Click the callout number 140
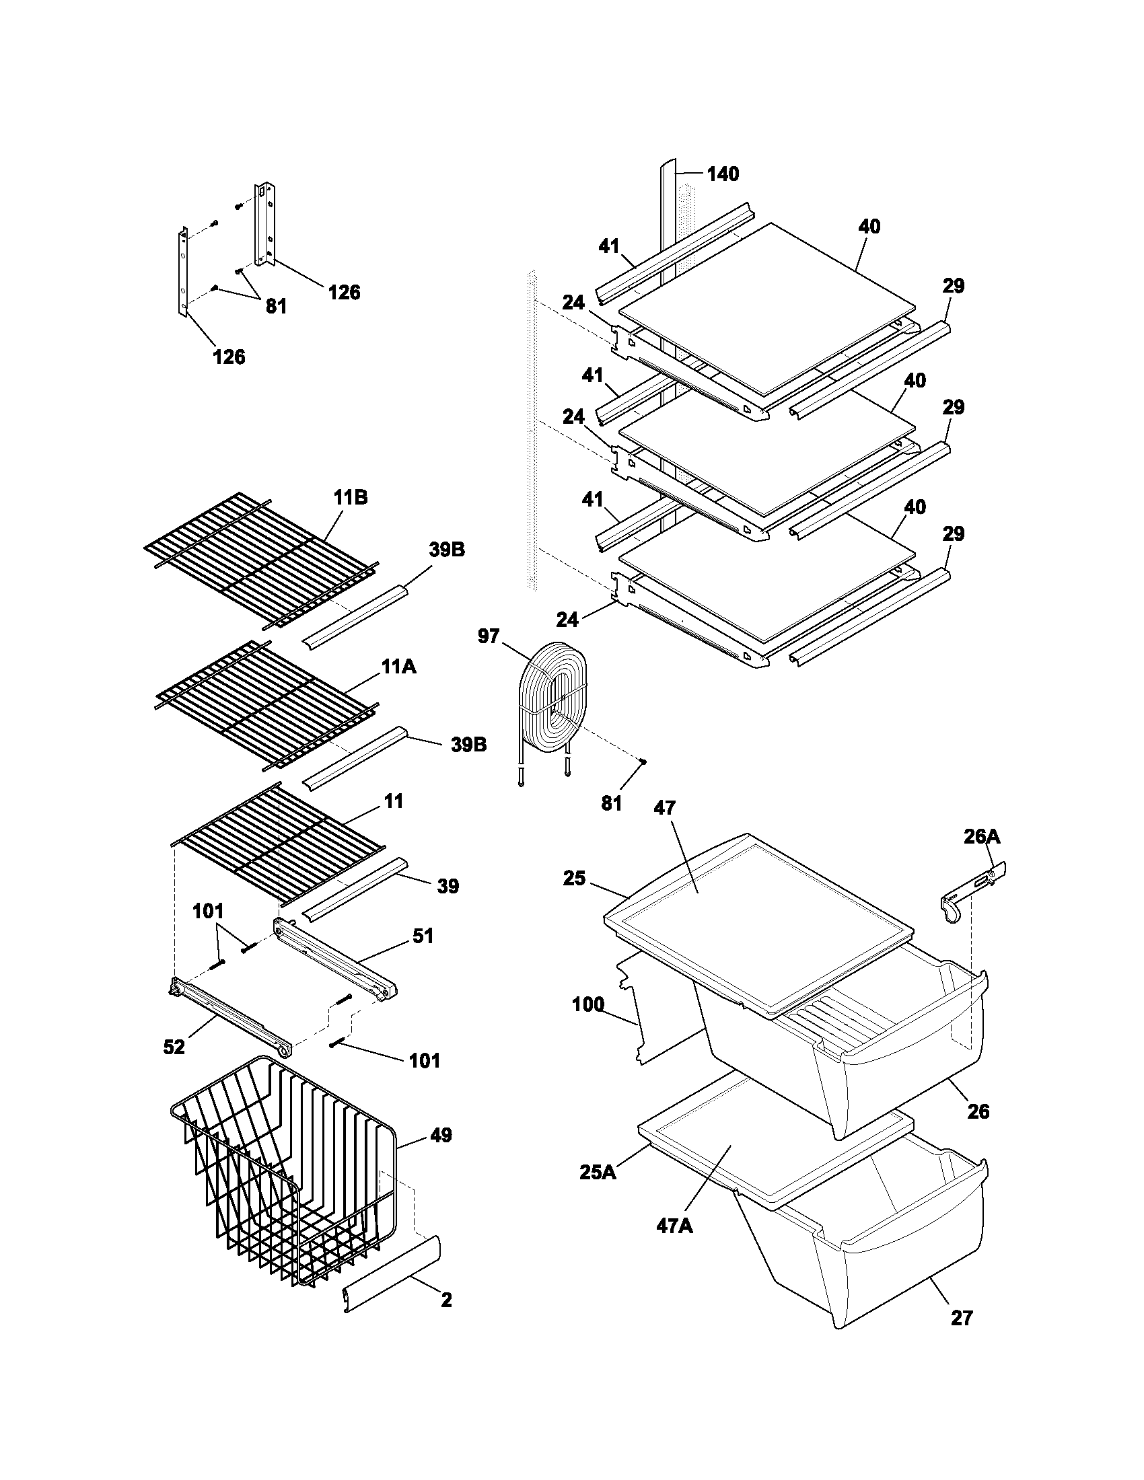tap(723, 174)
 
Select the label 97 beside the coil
tap(488, 636)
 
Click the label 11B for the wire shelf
tap(351, 497)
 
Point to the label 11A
tap(398, 667)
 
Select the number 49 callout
tap(441, 1135)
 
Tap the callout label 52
tap(174, 1047)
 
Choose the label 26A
tap(981, 837)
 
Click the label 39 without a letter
tap(448, 886)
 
